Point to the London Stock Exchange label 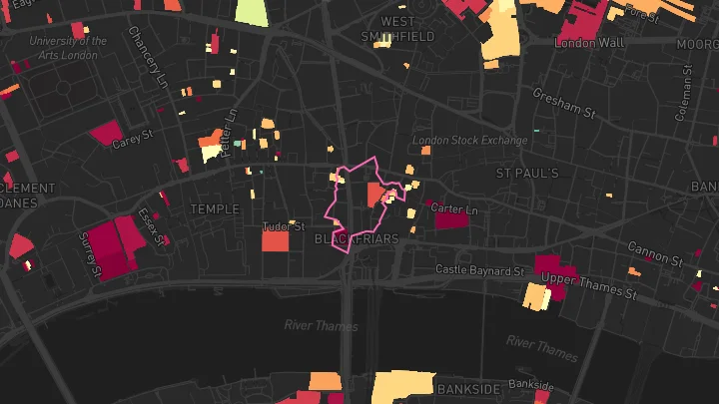pos(469,141)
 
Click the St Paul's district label pos(527,174)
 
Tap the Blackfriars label pos(357,239)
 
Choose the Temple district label pos(215,209)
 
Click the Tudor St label pos(283,226)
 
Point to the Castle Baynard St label pos(479,270)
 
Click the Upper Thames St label pos(588,285)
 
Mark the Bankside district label pos(468,388)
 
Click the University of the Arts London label pos(68,47)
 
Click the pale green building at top pos(252,12)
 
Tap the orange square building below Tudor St pos(275,241)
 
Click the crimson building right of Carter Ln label pos(451,221)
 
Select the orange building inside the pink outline pos(377,194)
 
